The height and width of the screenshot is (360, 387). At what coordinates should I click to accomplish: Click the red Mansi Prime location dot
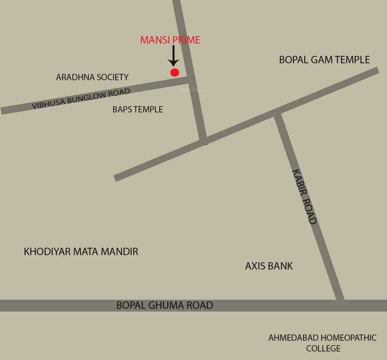174,72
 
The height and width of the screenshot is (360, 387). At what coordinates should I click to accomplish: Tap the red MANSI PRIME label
170,40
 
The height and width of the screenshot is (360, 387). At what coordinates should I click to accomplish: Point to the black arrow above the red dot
173,55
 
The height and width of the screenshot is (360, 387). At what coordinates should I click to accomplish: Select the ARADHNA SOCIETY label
92,77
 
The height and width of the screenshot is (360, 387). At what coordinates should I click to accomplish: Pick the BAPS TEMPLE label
138,109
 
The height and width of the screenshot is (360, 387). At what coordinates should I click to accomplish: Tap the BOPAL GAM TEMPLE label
324,60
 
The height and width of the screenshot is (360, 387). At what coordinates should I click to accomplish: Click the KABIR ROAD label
304,196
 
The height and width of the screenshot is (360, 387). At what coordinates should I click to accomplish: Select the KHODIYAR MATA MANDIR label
81,252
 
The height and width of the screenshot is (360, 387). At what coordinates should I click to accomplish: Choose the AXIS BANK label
269,266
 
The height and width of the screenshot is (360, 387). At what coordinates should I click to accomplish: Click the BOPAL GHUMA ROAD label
164,305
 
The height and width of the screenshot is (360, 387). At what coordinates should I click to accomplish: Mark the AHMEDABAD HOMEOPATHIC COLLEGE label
322,343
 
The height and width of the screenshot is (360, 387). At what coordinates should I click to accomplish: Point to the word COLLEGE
323,348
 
